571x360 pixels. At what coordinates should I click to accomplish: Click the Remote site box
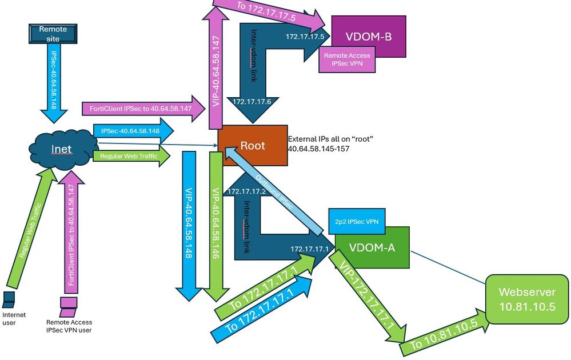(53, 33)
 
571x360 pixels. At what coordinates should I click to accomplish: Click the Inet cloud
(61, 150)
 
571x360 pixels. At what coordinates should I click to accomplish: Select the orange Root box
(252, 146)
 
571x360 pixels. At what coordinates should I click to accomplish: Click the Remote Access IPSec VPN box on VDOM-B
(347, 59)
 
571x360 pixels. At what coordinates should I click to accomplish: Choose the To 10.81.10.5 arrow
(440, 338)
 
